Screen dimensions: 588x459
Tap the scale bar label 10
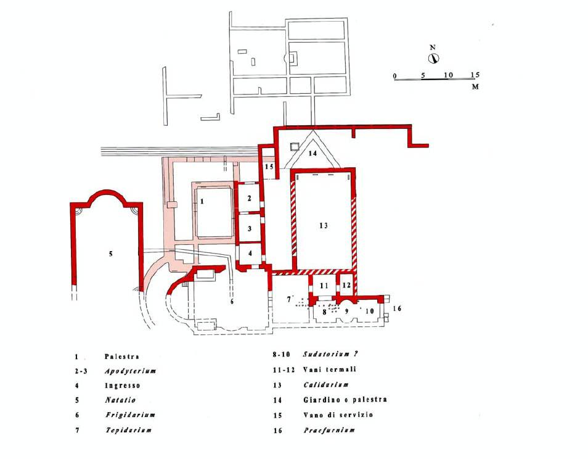[x=449, y=75]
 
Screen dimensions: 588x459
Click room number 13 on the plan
[x=324, y=225]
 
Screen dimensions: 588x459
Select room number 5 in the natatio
[x=110, y=254]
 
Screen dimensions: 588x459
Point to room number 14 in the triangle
[x=312, y=153]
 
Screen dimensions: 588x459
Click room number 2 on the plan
[x=250, y=198]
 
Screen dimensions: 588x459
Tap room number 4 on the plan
[x=250, y=254]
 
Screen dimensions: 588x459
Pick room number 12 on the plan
[x=346, y=285]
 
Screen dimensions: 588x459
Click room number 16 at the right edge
[x=397, y=308]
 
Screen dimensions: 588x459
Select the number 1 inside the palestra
[x=202, y=202]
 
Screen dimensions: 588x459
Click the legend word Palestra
[x=122, y=357]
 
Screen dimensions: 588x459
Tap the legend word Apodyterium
[x=130, y=371]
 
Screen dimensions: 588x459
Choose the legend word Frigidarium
[x=130, y=415]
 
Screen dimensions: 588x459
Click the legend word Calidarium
[x=326, y=385]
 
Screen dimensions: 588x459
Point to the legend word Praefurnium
[x=329, y=430]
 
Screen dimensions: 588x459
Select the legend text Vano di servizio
[x=338, y=415]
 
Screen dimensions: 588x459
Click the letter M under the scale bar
[x=475, y=87]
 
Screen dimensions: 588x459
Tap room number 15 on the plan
[x=269, y=167]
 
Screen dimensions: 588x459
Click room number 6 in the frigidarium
[x=232, y=301]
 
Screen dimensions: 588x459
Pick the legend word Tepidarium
[x=129, y=430]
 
